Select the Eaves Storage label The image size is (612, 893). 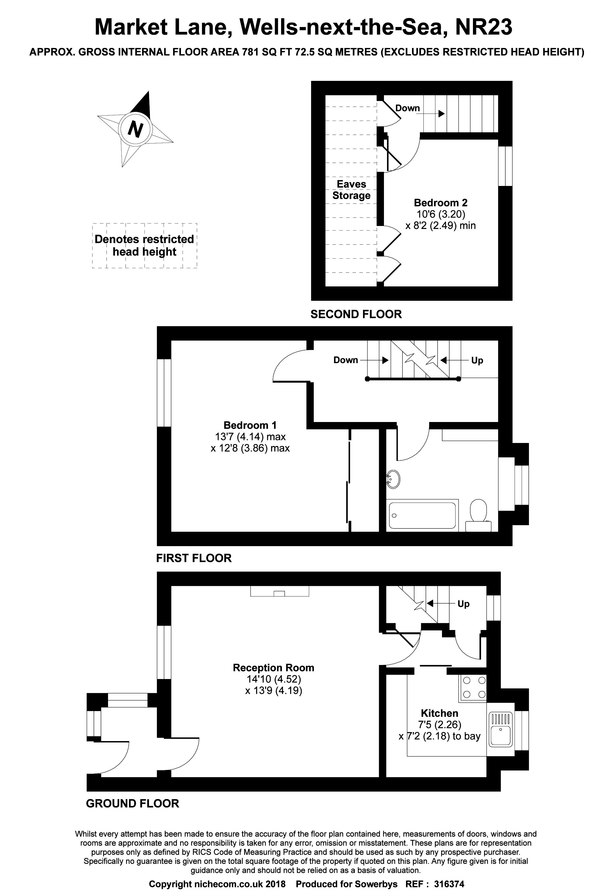tap(351, 190)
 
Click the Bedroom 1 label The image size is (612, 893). tap(250, 425)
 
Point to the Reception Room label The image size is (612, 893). tap(273, 668)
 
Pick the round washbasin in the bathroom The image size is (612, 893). tap(393, 479)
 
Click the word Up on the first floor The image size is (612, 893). tap(477, 360)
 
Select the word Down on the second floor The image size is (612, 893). tap(407, 108)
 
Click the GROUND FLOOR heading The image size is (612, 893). tap(133, 803)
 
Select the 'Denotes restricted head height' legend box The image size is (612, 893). tap(144, 246)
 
